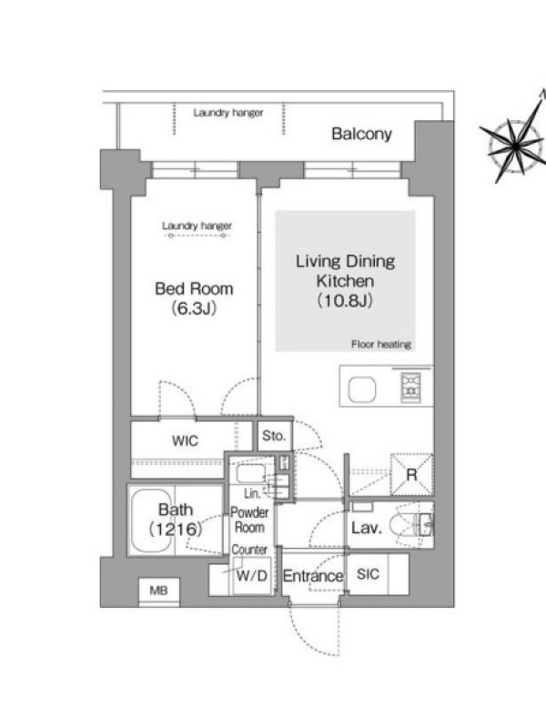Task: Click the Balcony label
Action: [361, 134]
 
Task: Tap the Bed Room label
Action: [194, 288]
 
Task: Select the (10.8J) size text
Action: [345, 301]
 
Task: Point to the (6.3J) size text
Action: [194, 308]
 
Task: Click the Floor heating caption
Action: [381, 345]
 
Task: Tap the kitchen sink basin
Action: [362, 389]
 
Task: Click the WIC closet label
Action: [185, 440]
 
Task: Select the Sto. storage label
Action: [274, 436]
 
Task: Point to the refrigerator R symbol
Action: [411, 474]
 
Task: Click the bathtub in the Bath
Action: [151, 520]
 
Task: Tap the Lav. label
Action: [367, 528]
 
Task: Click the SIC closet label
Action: [368, 574]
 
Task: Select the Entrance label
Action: [313, 576]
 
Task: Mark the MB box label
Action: [158, 591]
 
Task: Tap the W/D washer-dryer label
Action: [252, 576]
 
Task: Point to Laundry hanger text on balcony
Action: [228, 113]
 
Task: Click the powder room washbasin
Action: [251, 474]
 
